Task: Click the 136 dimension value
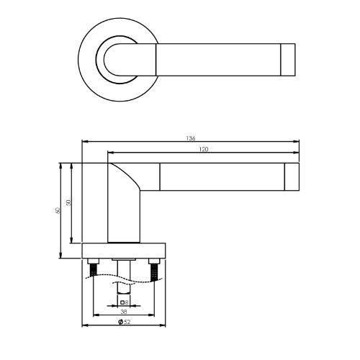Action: (x=191, y=138)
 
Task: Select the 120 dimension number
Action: (x=203, y=150)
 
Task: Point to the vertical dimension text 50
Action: (x=69, y=204)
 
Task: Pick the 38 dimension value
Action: (x=125, y=312)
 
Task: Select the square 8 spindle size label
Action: (x=125, y=302)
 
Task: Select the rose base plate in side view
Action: (x=125, y=251)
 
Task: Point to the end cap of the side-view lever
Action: (x=292, y=177)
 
